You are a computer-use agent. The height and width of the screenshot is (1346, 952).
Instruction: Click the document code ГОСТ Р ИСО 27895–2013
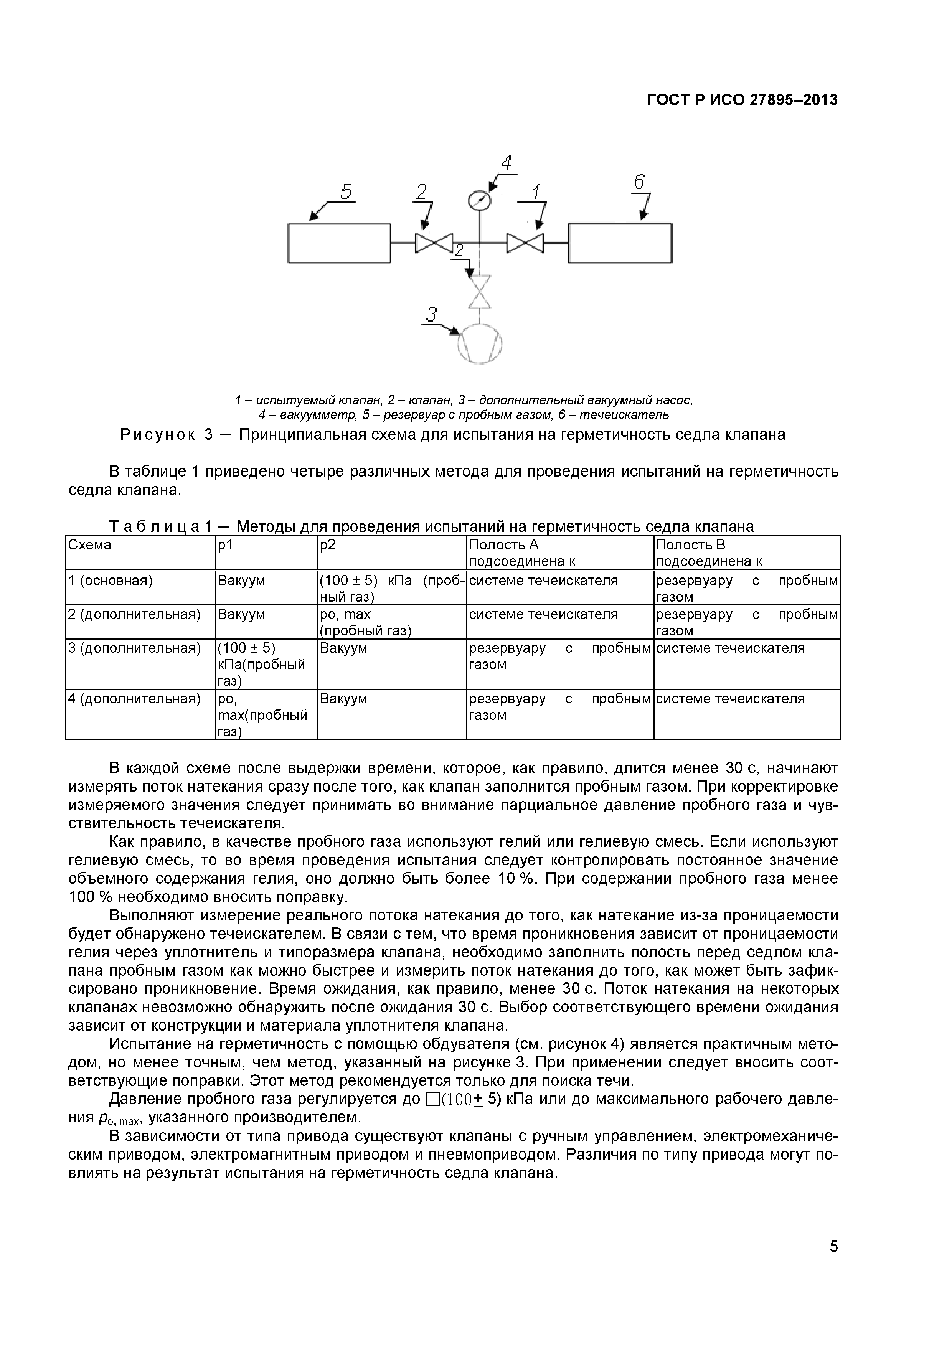pyautogui.click(x=742, y=100)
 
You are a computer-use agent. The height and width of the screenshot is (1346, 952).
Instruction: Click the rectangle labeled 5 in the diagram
pyautogui.click(x=339, y=243)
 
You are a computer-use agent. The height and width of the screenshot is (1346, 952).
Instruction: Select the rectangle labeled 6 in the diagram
pyautogui.click(x=620, y=243)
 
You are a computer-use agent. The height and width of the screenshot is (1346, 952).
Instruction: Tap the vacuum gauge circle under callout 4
pyautogui.click(x=480, y=201)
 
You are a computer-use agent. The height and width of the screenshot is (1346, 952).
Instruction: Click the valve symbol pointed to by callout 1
pyautogui.click(x=525, y=243)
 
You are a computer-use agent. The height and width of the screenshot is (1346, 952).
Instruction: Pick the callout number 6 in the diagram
pyautogui.click(x=639, y=182)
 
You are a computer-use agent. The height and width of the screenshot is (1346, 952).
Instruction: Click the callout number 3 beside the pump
pyautogui.click(x=431, y=315)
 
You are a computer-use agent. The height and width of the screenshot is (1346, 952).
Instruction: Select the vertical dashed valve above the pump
pyautogui.click(x=480, y=291)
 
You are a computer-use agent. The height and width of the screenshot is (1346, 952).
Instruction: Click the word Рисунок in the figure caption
pyautogui.click(x=158, y=434)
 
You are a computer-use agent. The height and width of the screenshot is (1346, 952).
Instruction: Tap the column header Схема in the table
pyautogui.click(x=90, y=544)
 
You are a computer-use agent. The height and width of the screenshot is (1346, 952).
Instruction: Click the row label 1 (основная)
pyautogui.click(x=110, y=581)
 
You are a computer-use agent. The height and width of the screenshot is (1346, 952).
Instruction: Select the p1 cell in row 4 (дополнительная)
pyautogui.click(x=262, y=714)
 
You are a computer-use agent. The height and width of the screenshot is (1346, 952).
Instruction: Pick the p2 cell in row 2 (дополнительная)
pyautogui.click(x=365, y=622)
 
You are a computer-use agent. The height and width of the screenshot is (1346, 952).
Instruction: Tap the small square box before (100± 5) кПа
pyautogui.click(x=432, y=1099)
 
